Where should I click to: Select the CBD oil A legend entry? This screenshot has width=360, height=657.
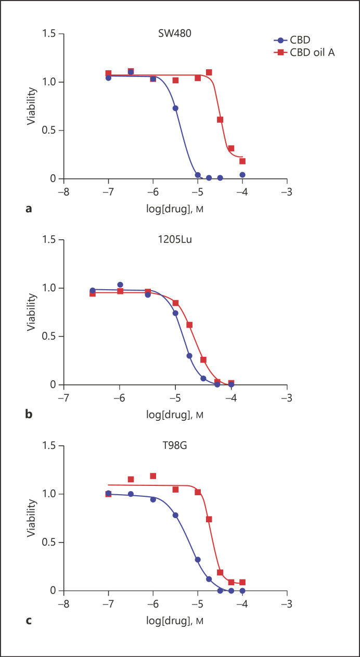tap(309, 51)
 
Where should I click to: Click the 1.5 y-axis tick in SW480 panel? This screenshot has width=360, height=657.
tap(50, 34)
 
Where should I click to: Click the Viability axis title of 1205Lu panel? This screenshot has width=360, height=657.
tap(33, 312)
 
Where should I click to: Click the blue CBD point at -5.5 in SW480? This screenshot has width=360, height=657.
tap(175, 108)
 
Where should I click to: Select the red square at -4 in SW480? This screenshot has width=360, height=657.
tap(242, 161)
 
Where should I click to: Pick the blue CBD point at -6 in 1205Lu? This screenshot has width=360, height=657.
tap(120, 285)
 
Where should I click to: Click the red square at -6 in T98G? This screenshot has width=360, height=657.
tap(153, 476)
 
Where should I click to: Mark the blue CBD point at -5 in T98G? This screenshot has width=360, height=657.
tap(198, 560)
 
